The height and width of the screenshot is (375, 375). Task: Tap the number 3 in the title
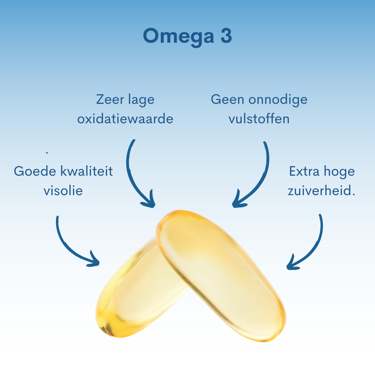click(x=226, y=36)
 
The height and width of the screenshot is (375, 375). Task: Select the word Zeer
click(x=110, y=99)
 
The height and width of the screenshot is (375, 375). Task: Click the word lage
click(x=141, y=100)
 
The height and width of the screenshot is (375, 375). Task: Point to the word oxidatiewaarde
click(x=125, y=119)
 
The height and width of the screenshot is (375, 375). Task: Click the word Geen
click(x=227, y=99)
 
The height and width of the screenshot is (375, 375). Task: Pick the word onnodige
click(x=278, y=100)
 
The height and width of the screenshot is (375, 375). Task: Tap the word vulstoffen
click(x=259, y=119)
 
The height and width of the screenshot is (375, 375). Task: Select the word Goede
click(x=35, y=171)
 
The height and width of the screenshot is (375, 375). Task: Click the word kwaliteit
click(x=86, y=171)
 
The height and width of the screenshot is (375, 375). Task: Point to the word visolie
click(x=63, y=190)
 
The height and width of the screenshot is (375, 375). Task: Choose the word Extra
click(x=305, y=171)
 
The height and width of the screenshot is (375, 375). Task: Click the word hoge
click(x=339, y=172)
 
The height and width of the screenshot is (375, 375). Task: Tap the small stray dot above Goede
click(x=47, y=152)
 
